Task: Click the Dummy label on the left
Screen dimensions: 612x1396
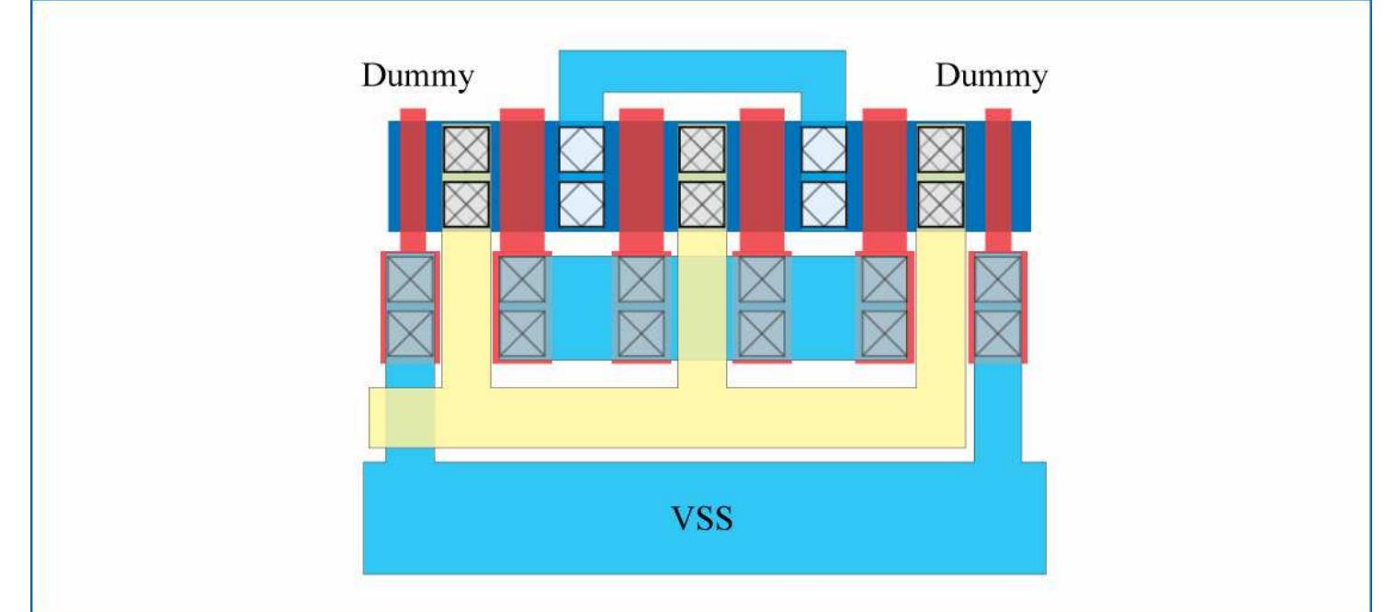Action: click(417, 76)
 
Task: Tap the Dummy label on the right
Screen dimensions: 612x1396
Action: click(991, 76)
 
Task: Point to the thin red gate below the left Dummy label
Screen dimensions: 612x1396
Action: click(414, 175)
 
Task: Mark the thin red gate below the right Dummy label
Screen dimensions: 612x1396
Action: click(998, 175)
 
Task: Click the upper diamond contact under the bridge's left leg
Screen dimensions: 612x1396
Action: click(582, 149)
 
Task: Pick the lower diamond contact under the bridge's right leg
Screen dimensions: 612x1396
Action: click(823, 204)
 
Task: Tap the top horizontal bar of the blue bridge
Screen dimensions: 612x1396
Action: click(702, 70)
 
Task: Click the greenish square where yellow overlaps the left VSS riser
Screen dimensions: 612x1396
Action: click(410, 417)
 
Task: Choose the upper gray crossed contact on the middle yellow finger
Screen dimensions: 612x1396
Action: click(702, 149)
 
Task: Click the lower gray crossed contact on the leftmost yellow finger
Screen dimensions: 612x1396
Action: click(467, 204)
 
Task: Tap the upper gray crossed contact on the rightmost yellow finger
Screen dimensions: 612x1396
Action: click(941, 149)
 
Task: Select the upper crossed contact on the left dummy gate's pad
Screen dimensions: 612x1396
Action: click(410, 279)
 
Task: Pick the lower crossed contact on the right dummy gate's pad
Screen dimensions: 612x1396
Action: click(997, 334)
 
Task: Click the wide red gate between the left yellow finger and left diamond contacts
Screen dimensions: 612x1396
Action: click(522, 175)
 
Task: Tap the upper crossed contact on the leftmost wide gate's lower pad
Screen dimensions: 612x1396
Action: click(522, 279)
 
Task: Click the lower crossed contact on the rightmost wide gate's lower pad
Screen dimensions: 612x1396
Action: click(884, 334)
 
